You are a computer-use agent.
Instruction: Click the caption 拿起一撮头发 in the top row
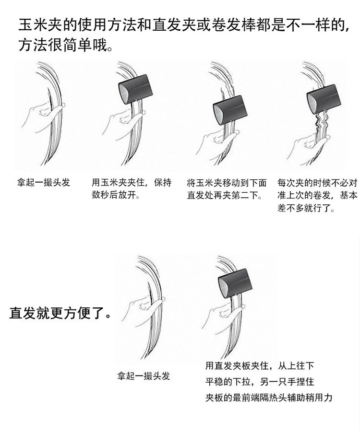44,183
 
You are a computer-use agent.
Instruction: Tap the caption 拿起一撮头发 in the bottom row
144,376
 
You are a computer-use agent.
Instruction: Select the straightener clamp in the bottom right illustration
235,283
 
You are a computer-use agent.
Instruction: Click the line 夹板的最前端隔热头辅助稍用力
269,398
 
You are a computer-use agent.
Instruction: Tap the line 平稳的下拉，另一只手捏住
260,382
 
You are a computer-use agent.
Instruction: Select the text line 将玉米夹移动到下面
226,183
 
